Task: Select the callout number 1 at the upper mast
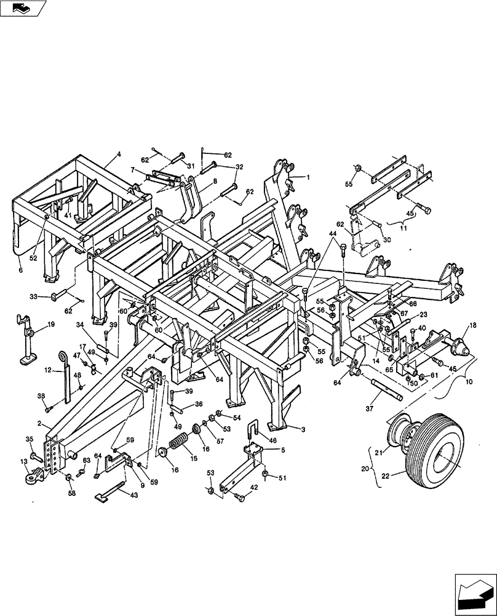(308, 177)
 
